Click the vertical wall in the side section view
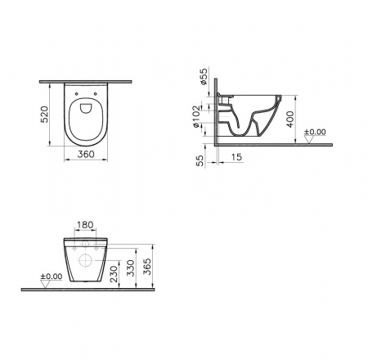[215, 115]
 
